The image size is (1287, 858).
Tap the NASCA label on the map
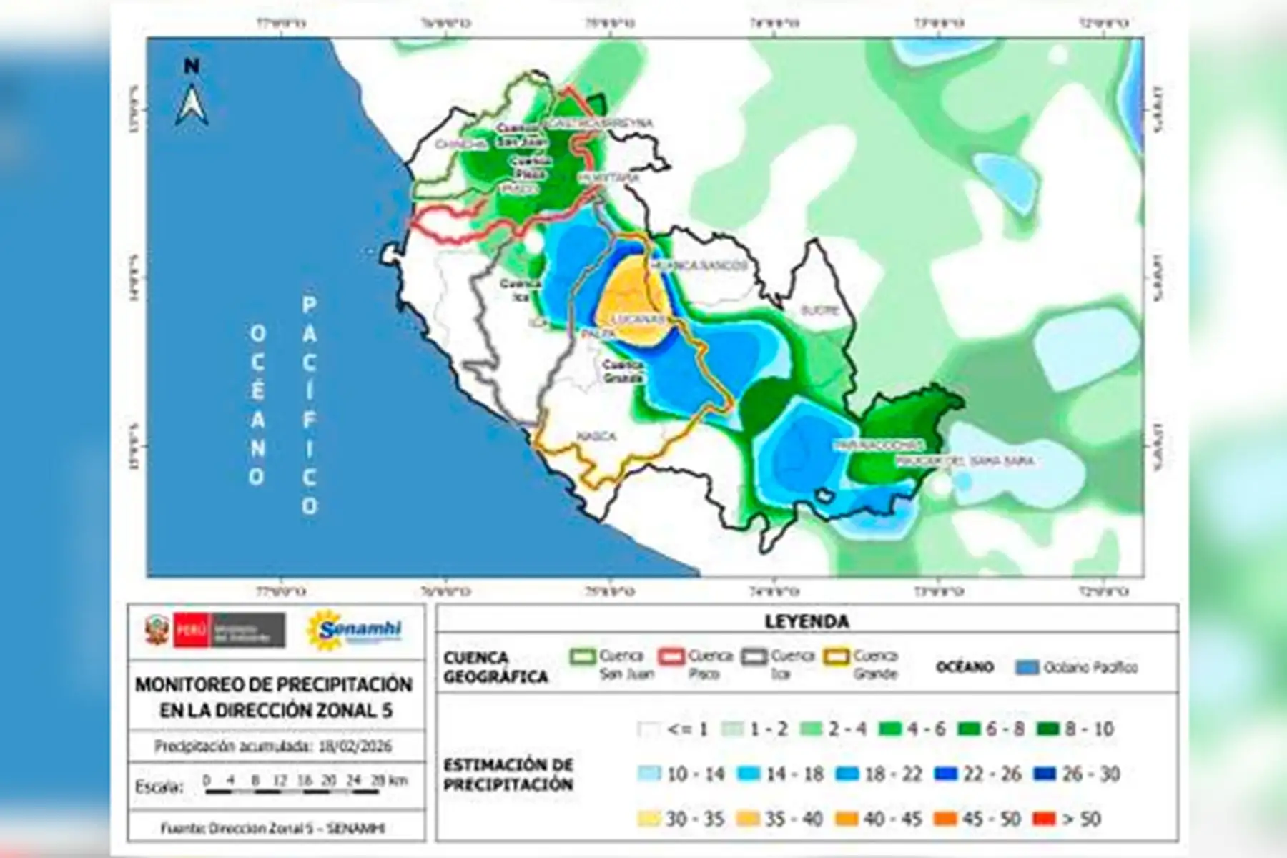[596, 437]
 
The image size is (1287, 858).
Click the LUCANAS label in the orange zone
[641, 319]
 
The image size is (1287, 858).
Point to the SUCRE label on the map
[819, 311]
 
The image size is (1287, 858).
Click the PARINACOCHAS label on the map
[879, 445]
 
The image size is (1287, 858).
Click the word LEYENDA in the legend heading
[807, 621]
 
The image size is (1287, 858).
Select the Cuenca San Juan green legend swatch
[582, 656]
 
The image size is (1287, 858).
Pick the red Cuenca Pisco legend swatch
[671, 656]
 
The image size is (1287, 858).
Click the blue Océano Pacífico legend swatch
[1027, 668]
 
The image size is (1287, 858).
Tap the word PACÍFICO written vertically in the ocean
[309, 405]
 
